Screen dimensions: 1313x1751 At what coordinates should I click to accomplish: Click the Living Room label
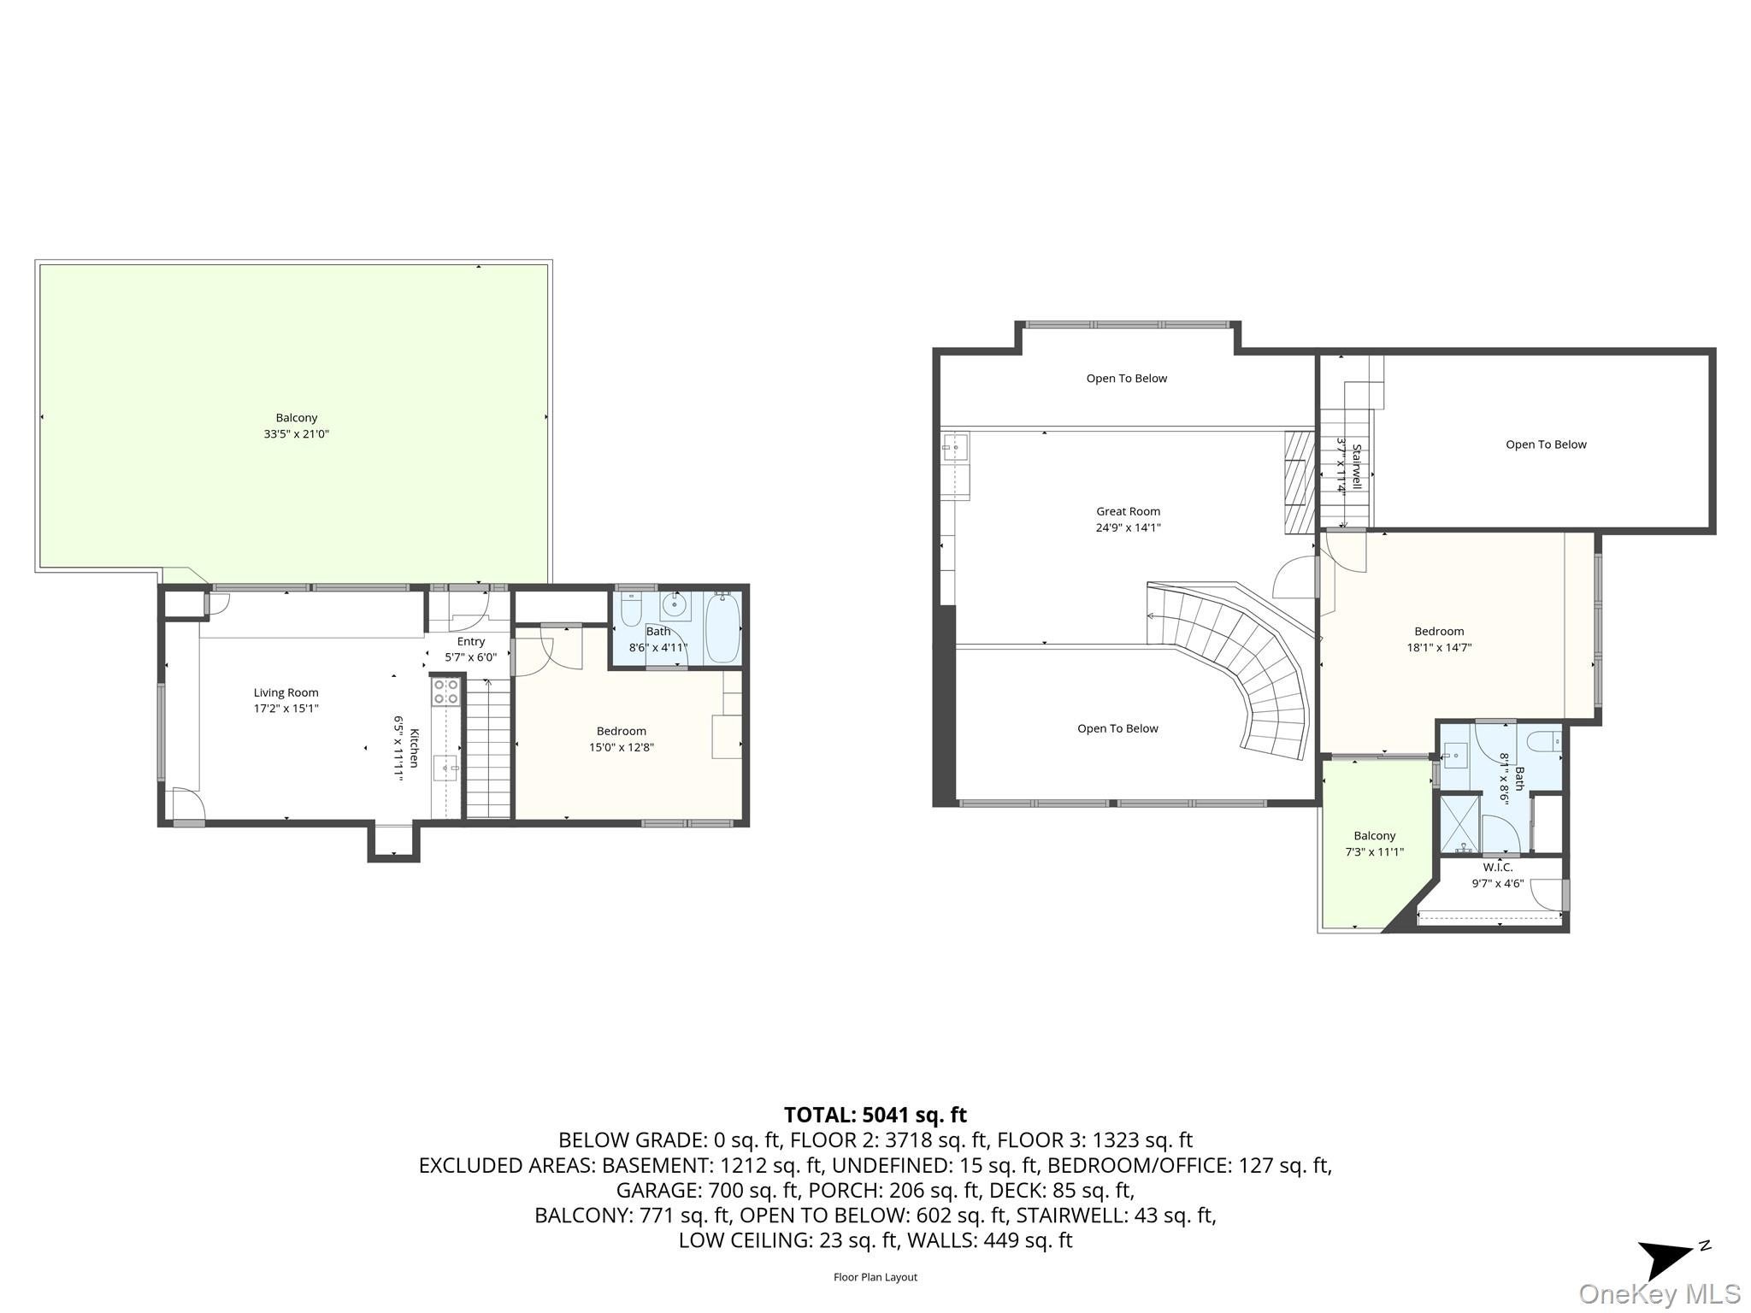click(x=286, y=692)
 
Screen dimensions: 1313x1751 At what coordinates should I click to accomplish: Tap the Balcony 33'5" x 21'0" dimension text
click(x=296, y=434)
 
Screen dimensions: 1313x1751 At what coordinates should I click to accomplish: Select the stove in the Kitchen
click(x=445, y=691)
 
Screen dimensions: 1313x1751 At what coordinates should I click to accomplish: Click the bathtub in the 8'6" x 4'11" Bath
click(x=722, y=628)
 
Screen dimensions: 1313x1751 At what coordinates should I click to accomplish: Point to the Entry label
click(x=470, y=641)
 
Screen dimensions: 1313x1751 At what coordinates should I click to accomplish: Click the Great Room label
click(x=1128, y=511)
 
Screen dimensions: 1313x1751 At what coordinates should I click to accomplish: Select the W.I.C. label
click(x=1498, y=868)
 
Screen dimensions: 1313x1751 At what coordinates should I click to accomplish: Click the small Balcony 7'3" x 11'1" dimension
click(x=1374, y=851)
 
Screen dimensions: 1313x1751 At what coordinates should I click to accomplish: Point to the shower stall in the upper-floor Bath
click(x=1460, y=826)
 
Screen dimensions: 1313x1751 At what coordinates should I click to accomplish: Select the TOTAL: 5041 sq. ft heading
click(x=875, y=1115)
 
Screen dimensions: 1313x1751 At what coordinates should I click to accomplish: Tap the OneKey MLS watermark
click(x=1659, y=1294)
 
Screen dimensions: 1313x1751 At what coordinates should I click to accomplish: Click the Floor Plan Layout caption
click(x=875, y=1277)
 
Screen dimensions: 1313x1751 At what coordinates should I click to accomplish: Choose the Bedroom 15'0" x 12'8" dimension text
click(x=621, y=747)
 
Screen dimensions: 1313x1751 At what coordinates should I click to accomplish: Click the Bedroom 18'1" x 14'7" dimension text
click(x=1439, y=647)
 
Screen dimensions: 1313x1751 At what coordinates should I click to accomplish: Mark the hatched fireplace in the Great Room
click(x=1299, y=482)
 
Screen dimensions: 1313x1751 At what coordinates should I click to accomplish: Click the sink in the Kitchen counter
click(x=445, y=767)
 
